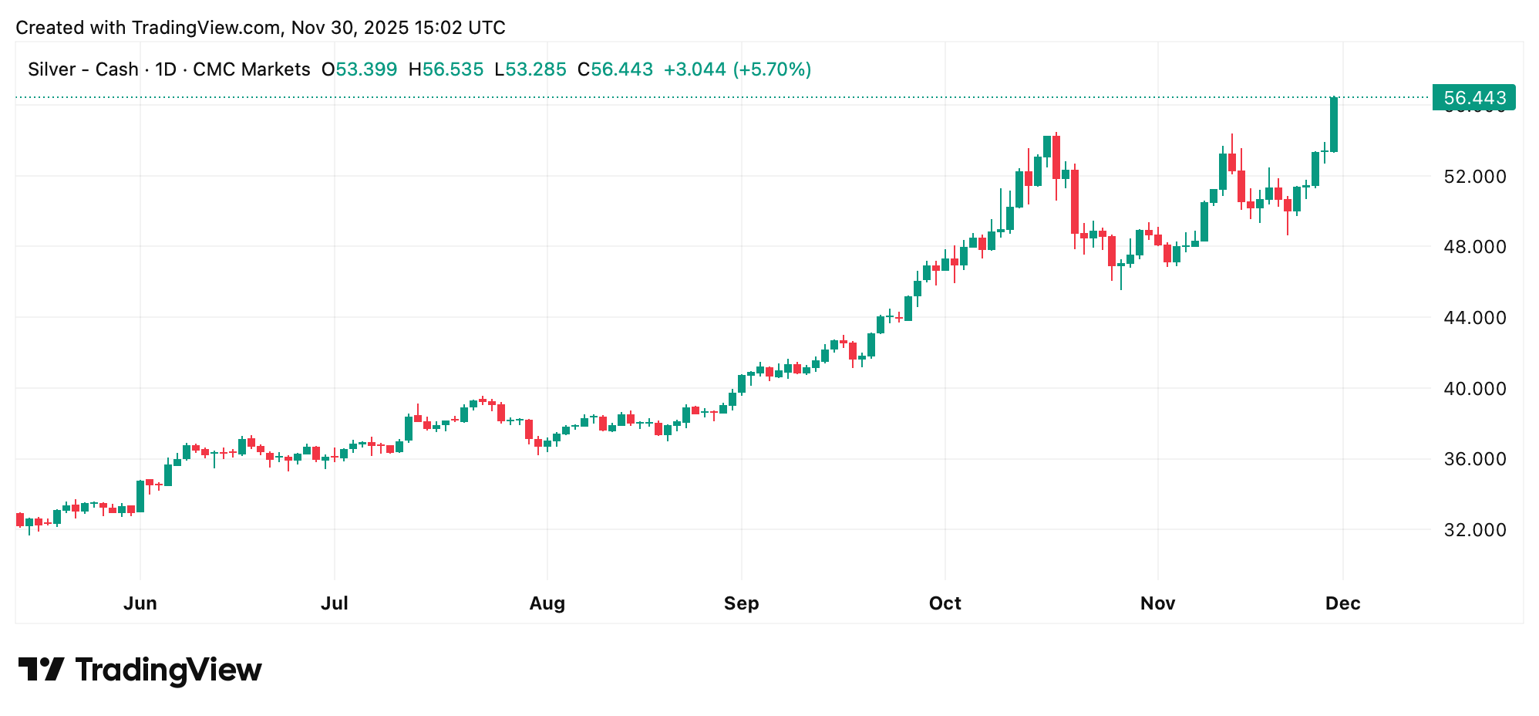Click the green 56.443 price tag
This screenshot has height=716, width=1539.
[x=1473, y=98]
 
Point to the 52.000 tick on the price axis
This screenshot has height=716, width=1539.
[x=1474, y=177]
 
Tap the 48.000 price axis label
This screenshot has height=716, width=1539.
[x=1474, y=247]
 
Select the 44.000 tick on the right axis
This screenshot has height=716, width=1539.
[x=1474, y=318]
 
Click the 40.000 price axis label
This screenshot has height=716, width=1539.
[x=1474, y=389]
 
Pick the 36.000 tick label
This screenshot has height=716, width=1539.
[x=1474, y=459]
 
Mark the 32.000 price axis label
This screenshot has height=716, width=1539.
[x=1474, y=530]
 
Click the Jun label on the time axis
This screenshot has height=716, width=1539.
[x=140, y=603]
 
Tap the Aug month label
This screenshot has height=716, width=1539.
[x=547, y=603]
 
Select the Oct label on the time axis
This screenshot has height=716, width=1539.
[x=945, y=603]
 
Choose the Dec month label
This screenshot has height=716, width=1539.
[x=1342, y=603]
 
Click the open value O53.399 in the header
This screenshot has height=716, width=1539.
[x=359, y=69]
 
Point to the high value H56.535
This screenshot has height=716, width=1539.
[x=446, y=69]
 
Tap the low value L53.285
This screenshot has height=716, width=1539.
[x=530, y=69]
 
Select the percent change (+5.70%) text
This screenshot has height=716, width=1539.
[x=772, y=69]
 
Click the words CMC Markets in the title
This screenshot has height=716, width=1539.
[x=251, y=69]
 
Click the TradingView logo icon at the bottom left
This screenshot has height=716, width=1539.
[x=41, y=669]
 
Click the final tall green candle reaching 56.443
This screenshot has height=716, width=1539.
[x=1334, y=125]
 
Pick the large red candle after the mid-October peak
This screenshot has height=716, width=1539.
[x=1075, y=202]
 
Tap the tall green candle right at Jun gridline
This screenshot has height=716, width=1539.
[x=140, y=496]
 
